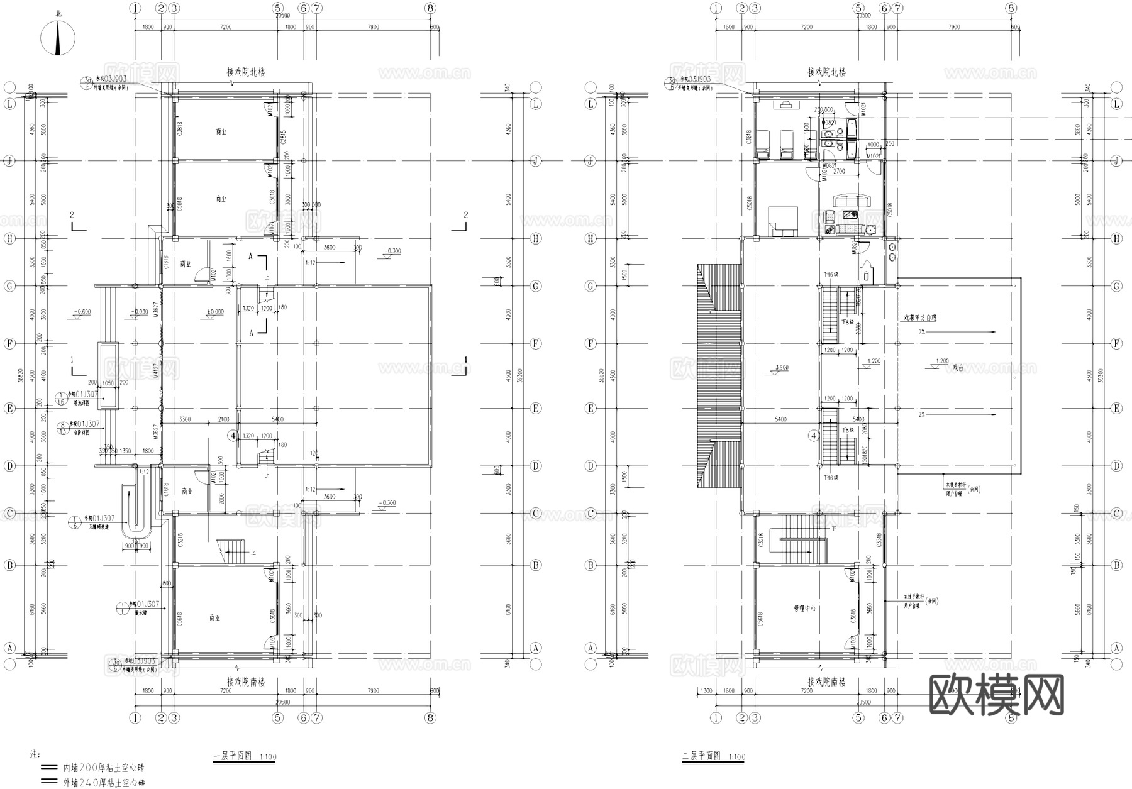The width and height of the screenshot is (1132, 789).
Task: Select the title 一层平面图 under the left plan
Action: tap(233, 756)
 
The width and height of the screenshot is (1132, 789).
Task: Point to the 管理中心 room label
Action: tap(804, 609)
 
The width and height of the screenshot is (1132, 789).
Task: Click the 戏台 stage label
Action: tap(958, 368)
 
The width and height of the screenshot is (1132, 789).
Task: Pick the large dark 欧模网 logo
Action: tap(996, 694)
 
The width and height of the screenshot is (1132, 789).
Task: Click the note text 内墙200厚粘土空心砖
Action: tap(104, 768)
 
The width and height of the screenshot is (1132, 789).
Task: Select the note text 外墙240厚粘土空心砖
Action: tap(104, 783)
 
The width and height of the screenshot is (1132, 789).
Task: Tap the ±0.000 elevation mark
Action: tap(215, 312)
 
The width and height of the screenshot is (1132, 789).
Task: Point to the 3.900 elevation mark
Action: tap(782, 367)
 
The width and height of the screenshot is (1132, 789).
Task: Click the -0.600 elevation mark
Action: tap(82, 312)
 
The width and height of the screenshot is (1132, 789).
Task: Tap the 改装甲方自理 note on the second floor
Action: tap(920, 318)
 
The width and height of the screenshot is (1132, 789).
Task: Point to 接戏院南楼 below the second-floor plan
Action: tap(826, 682)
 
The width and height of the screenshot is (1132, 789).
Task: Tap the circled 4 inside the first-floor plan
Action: tap(233, 435)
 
